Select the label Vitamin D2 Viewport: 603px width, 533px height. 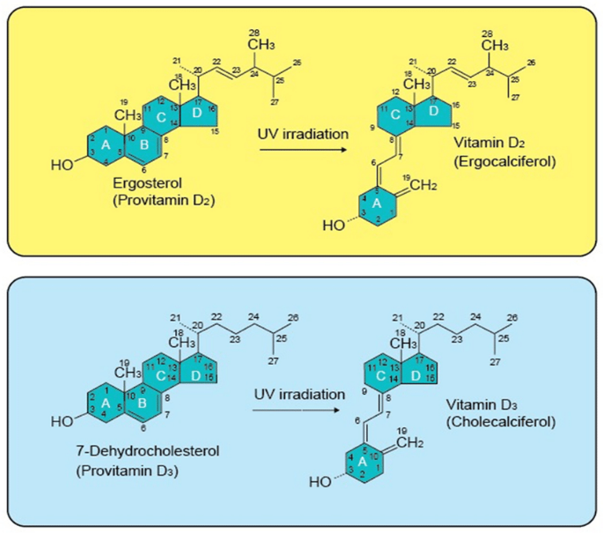click(487, 144)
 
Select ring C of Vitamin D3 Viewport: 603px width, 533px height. click(380, 373)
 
